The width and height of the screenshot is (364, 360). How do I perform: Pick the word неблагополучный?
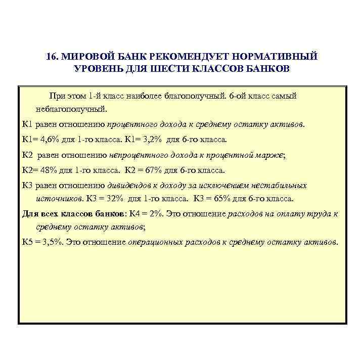(x=72, y=109)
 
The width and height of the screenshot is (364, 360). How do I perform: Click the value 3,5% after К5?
(x=52, y=242)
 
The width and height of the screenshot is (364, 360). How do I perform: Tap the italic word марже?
(x=272, y=155)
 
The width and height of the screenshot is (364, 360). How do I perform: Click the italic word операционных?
(x=154, y=242)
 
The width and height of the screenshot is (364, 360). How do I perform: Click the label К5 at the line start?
(x=27, y=242)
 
